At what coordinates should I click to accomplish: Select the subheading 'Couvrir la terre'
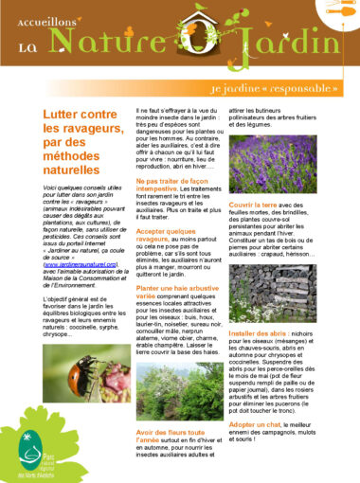255,205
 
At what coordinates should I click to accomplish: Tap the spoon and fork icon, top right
335,20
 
